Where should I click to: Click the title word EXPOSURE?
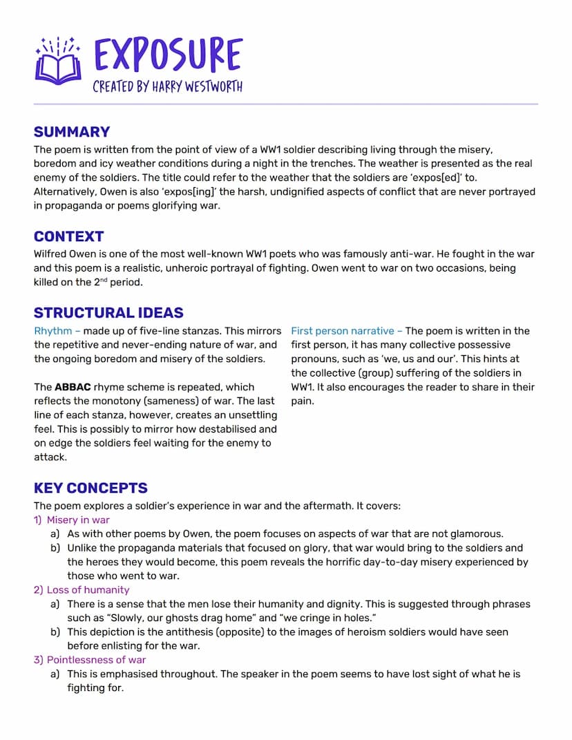[x=168, y=55]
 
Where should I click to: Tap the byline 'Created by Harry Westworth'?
[x=168, y=87]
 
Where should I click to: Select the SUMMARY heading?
[x=72, y=132]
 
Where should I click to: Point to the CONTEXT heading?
[x=68, y=236]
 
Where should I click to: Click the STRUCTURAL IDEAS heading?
[x=108, y=312]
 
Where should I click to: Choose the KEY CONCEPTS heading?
[x=90, y=488]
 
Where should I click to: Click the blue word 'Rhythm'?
[x=53, y=331]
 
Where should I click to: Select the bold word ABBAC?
[x=73, y=387]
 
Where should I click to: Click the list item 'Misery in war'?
[x=78, y=520]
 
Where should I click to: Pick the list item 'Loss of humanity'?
[x=88, y=589]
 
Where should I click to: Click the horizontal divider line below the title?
[x=285, y=104]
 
